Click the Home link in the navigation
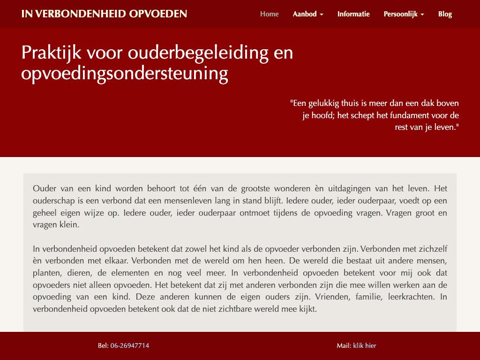(269, 14)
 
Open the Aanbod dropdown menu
(308, 14)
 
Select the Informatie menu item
(353, 14)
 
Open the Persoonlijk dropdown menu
(404, 14)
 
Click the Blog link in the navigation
(445, 14)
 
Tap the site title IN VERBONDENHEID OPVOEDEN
(104, 14)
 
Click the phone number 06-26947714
(130, 346)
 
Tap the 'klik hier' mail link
(365, 346)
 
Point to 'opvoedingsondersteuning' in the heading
(125, 74)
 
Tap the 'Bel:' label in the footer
(103, 346)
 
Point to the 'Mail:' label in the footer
(344, 346)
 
